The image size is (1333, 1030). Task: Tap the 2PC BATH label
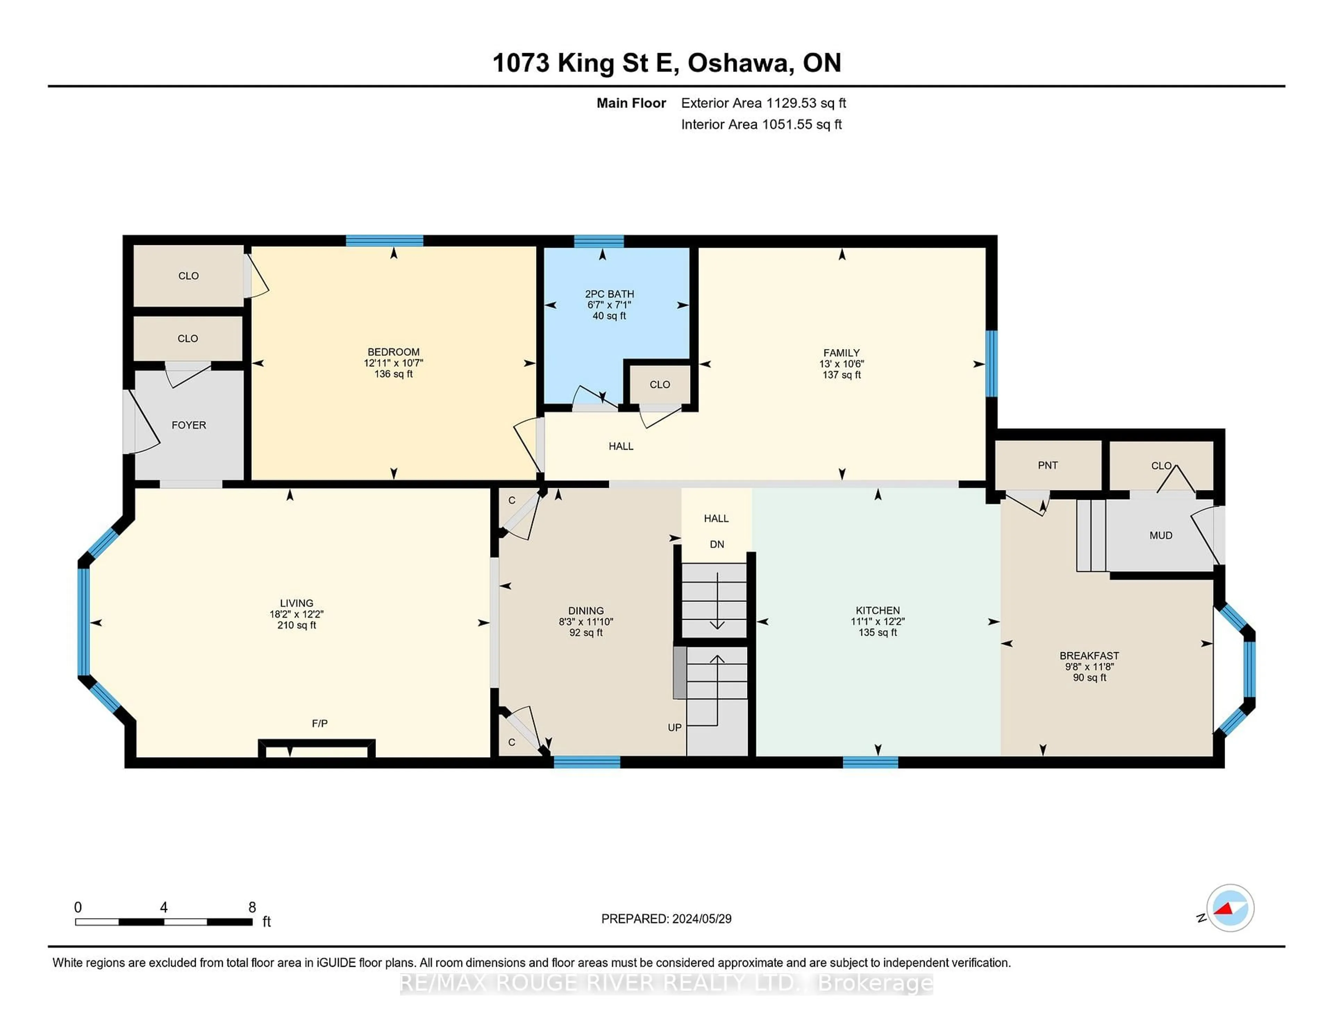click(609, 294)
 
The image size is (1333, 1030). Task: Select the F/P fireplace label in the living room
click(320, 723)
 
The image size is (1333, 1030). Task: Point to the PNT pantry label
click(1047, 465)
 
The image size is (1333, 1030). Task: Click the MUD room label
click(1160, 535)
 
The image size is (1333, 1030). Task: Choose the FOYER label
click(188, 425)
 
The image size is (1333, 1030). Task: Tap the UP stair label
click(674, 727)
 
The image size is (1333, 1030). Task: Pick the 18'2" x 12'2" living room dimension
click(297, 614)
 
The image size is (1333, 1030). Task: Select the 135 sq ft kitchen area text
click(878, 632)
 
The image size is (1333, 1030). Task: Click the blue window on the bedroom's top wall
click(385, 240)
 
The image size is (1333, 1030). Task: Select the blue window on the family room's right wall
click(992, 364)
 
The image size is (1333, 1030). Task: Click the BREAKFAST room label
click(1089, 655)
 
